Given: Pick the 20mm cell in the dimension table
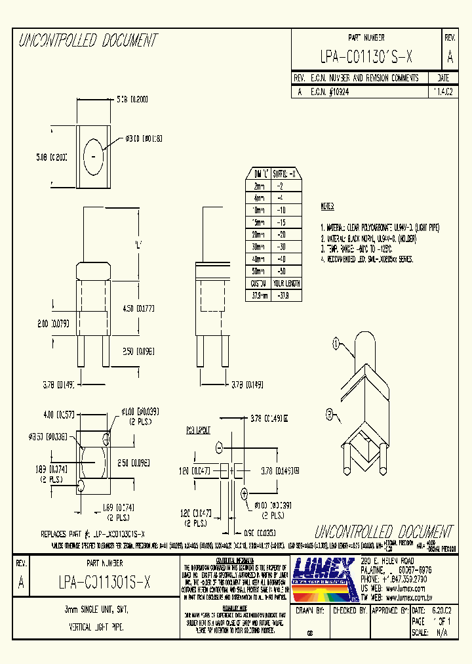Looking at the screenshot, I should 259,234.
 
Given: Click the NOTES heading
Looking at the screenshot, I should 327,206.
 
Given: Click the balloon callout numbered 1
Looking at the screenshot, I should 336,342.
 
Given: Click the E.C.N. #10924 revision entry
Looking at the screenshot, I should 331,93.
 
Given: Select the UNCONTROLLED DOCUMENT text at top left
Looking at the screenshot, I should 88,41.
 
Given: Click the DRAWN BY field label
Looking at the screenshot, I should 310,610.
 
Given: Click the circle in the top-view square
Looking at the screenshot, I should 94,157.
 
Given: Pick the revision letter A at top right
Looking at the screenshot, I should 449,57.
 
